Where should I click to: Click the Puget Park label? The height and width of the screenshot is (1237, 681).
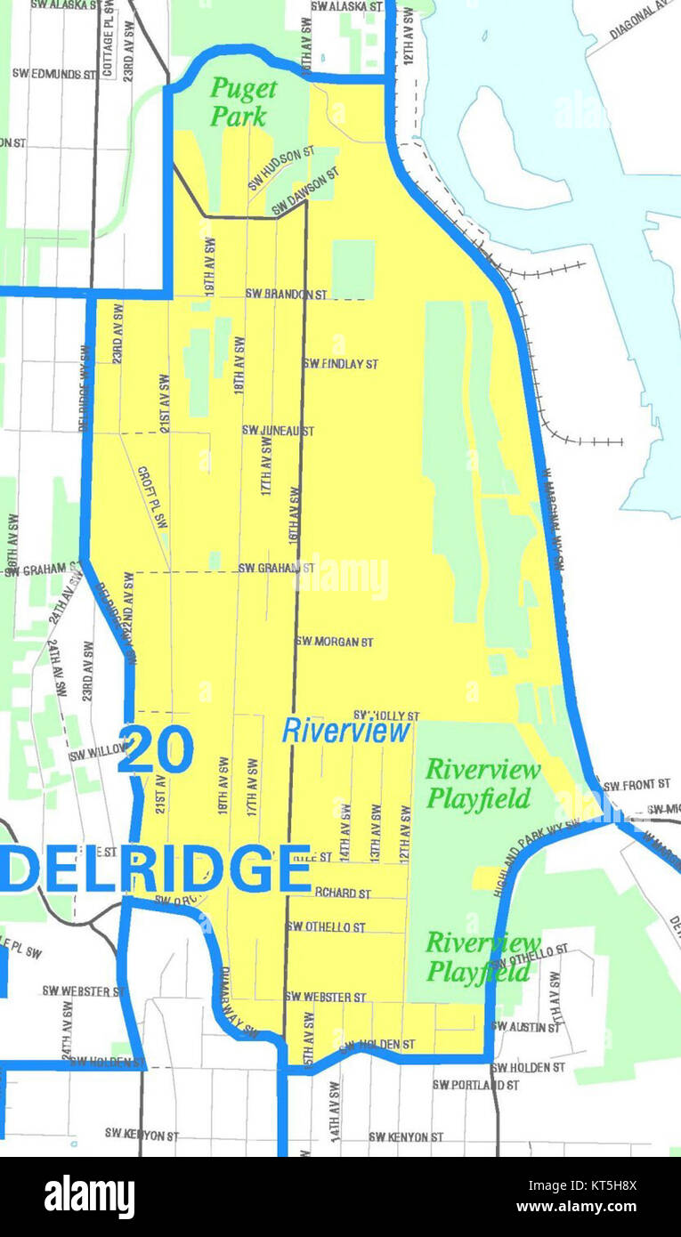pyautogui.click(x=242, y=102)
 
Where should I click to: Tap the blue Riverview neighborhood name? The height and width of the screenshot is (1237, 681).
pyautogui.click(x=346, y=731)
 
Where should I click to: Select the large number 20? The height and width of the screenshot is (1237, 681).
pyautogui.click(x=156, y=749)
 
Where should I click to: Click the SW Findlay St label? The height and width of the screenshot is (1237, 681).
pyautogui.click(x=340, y=364)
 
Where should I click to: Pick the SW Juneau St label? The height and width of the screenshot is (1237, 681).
pyautogui.click(x=278, y=431)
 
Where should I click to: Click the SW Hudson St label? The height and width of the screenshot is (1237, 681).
pyautogui.click(x=281, y=168)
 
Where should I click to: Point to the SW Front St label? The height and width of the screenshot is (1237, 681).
pyautogui.click(x=636, y=785)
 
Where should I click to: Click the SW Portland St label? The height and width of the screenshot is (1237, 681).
pyautogui.click(x=475, y=1085)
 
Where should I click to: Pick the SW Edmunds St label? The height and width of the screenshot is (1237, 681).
pyautogui.click(x=53, y=74)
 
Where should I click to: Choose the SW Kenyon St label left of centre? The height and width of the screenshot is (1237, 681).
pyautogui.click(x=142, y=1135)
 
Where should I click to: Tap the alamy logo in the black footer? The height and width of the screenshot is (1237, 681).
pyautogui.click(x=90, y=1197)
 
